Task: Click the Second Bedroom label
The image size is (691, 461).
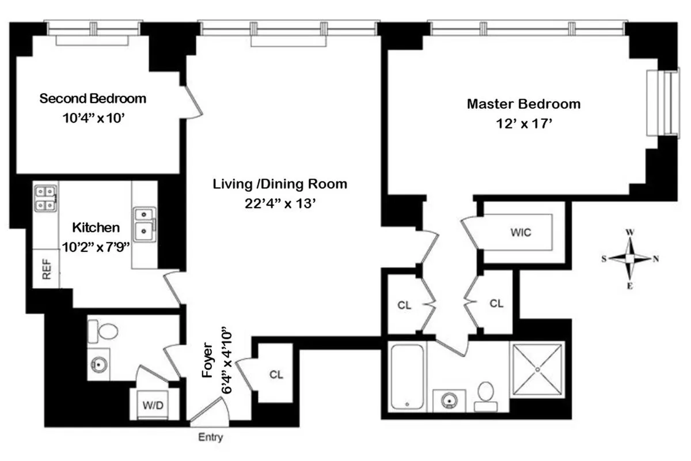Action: [x=93, y=99]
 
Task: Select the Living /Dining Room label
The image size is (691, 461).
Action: [x=280, y=184]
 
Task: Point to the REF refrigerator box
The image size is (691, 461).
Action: [x=47, y=269]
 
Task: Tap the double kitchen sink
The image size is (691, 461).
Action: [x=143, y=224]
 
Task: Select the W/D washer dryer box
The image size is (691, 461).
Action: [x=153, y=405]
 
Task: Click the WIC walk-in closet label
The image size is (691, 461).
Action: [x=520, y=233]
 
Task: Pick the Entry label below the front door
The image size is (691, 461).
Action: [x=210, y=437]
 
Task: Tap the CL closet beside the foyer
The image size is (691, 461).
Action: [x=276, y=374]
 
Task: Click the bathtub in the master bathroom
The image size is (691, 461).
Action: [x=408, y=376]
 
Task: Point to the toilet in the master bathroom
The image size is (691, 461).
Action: [x=486, y=395]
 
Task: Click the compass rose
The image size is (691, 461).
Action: [x=631, y=258]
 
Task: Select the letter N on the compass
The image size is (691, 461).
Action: [x=655, y=258]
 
